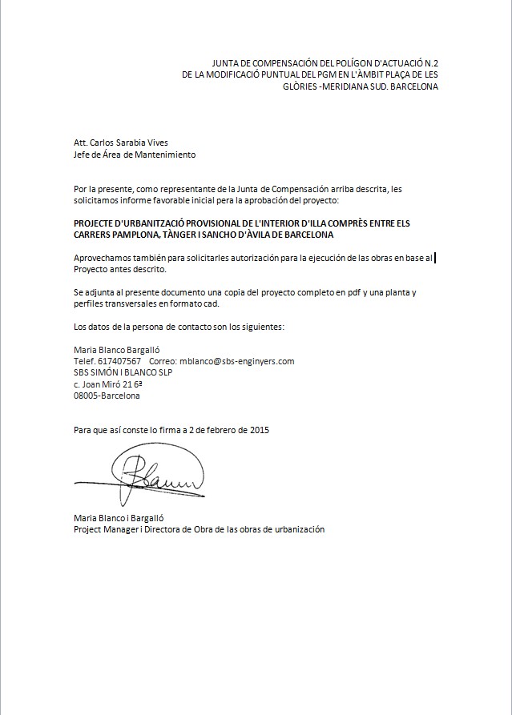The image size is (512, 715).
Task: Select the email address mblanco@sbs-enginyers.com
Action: click(237, 361)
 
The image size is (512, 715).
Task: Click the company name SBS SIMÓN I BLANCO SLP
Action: click(123, 372)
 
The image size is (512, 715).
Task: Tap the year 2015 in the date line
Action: click(260, 430)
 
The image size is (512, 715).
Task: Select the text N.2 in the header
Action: click(430, 62)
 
